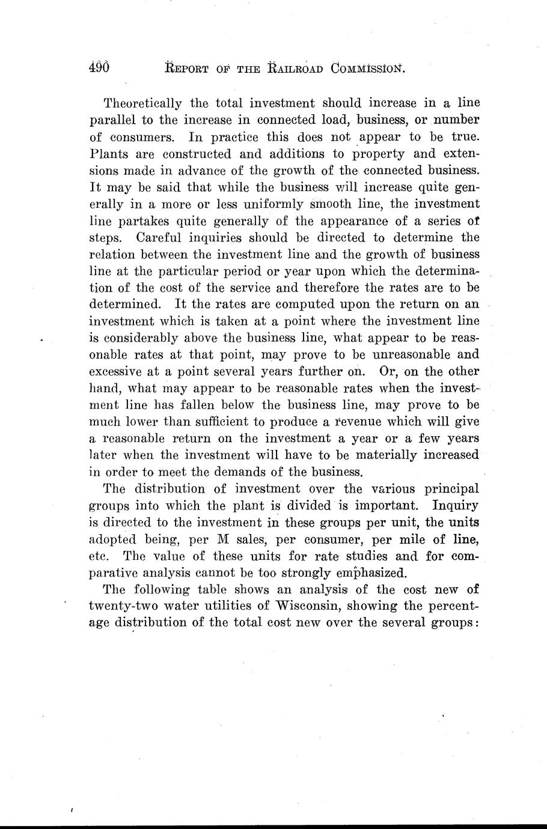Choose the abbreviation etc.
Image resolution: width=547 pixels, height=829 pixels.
(x=97, y=556)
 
